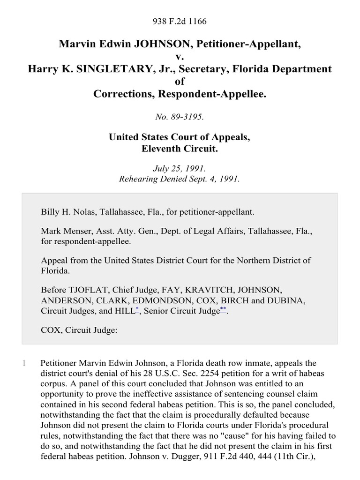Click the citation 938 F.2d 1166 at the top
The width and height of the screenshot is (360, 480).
[180, 21]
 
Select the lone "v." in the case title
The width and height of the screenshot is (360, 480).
[180, 57]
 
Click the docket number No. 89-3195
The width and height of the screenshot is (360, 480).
[180, 117]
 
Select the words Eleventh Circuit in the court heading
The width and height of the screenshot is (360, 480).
[180, 149]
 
